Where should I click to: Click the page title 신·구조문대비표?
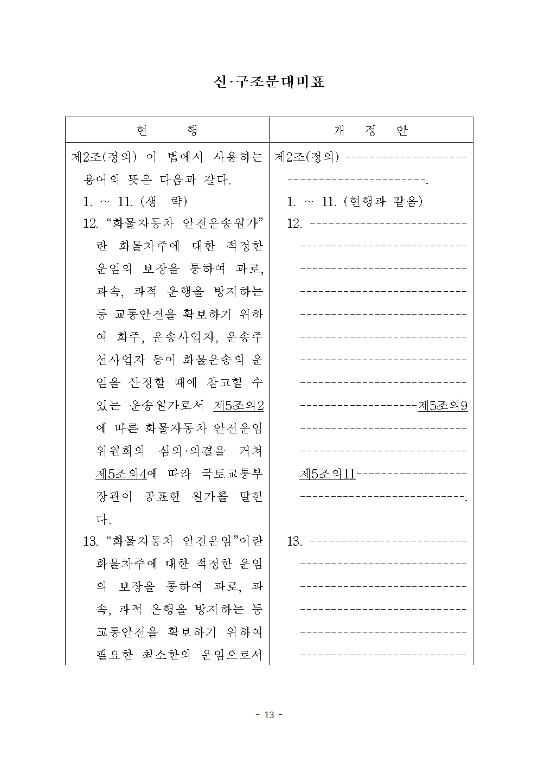[269, 82]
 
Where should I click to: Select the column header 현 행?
[167, 130]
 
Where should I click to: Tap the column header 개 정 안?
[371, 130]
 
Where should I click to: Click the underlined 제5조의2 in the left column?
[239, 405]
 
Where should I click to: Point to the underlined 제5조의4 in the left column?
[121, 474]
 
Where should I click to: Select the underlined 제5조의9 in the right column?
[443, 405]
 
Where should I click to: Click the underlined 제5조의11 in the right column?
[328, 474]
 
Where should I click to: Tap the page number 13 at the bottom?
[269, 715]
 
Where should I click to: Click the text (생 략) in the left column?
[163, 202]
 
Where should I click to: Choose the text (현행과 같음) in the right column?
[383, 202]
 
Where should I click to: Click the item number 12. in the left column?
[91, 223]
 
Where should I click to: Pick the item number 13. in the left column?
[91, 541]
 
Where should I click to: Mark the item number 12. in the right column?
[294, 223]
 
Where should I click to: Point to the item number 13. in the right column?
[294, 541]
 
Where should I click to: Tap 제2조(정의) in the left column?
[104, 157]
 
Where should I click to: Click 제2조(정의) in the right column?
[307, 157]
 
